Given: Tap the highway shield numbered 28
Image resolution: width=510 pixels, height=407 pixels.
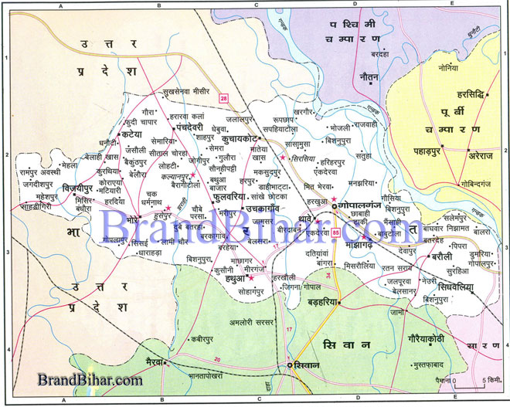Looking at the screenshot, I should (224, 97).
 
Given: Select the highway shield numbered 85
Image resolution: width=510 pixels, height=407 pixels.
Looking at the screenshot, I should (335, 232).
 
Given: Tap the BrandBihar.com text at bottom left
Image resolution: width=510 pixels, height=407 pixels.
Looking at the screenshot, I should (90, 380).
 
